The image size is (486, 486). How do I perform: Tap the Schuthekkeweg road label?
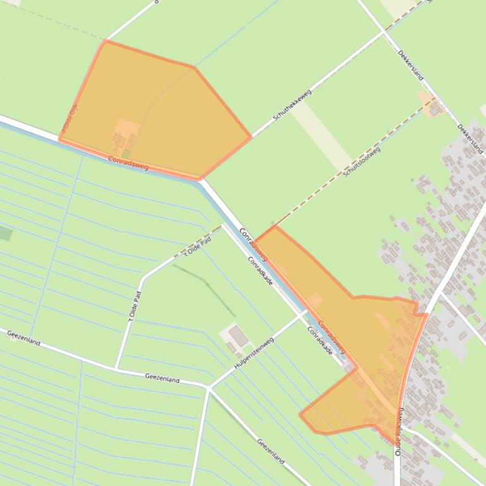293,105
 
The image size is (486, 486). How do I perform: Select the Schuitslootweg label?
362,162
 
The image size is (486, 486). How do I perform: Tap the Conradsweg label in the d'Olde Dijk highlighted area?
128,163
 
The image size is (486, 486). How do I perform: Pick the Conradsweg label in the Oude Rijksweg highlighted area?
331,337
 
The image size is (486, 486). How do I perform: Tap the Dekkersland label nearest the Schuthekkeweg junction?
411,65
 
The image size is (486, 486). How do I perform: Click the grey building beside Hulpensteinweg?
238,336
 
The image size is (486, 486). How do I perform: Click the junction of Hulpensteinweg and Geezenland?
208,387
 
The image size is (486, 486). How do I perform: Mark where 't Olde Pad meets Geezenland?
116,368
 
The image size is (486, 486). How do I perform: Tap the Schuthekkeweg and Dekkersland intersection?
383,31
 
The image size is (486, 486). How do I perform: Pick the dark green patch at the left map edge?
4,234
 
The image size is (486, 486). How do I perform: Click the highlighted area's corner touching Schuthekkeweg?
252,136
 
